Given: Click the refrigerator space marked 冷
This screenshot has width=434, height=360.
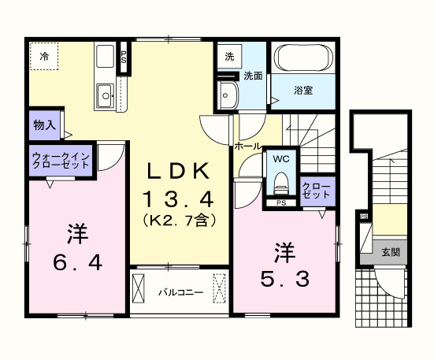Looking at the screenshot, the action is coord(44,56).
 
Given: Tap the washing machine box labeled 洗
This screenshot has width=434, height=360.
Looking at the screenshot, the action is coord(229,57).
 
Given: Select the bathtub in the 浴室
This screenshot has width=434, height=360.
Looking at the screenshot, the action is coord(303,58).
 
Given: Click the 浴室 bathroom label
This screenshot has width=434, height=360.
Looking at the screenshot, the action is coord(303,91).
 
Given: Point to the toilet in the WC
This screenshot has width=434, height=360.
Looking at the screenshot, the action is coord(280,184).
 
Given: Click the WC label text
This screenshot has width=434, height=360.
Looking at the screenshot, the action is coord(281,159).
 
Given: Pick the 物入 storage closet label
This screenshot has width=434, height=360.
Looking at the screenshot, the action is coord(45,125).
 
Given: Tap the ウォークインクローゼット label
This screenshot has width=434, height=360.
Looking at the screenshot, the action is coord(61,161).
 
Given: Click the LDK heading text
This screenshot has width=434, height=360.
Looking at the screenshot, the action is coord(178,171).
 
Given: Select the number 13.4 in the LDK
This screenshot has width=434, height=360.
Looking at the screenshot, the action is coord(178,199).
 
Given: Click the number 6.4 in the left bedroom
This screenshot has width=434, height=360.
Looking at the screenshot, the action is coord(78,262).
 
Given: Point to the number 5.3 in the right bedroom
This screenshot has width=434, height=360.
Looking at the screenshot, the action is coord(285,279).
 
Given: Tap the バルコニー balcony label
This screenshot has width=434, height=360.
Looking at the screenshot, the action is coord(180,292).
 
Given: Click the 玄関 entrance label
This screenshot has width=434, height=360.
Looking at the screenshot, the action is coord(391,252).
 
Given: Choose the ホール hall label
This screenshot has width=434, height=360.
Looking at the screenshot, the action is coord(248,146).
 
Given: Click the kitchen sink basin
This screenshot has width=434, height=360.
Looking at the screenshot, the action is coord(106,96).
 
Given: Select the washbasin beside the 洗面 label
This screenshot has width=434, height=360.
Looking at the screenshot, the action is coord(227,95).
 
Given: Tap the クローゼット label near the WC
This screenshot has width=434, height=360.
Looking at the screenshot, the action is coord(317,190).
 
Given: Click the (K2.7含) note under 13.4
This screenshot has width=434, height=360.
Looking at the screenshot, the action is coord(180,221).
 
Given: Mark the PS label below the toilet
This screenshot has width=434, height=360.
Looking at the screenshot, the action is coord(281,202).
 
